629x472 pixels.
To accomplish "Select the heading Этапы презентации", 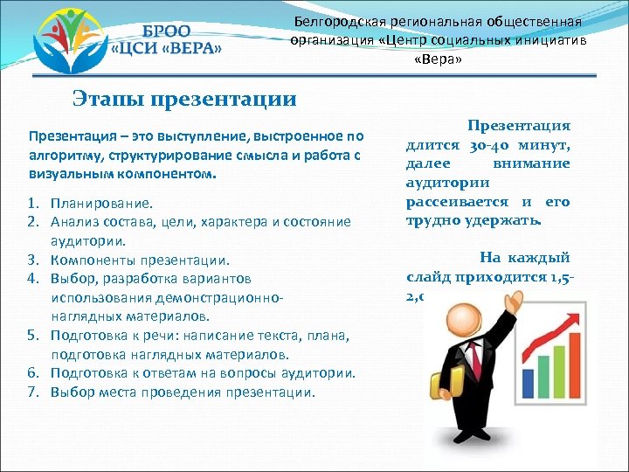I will (184, 98).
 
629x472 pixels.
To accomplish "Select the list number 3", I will (33, 260).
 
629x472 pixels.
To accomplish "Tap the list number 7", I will (33, 392).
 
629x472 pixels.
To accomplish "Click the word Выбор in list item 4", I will (73, 279).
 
